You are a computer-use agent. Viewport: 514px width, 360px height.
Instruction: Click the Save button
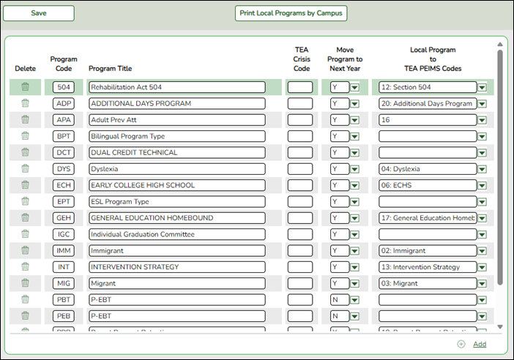tap(39, 13)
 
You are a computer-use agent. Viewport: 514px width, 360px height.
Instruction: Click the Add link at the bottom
tap(479, 344)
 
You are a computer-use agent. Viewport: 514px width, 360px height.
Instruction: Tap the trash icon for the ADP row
tap(25, 103)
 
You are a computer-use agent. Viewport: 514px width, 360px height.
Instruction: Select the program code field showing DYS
tap(64, 169)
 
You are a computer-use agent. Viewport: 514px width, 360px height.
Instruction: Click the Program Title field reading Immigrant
tap(176, 250)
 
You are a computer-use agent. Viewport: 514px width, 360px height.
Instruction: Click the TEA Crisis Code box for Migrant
tap(299, 283)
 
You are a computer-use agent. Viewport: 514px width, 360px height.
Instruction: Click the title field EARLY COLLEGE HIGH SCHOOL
tap(176, 185)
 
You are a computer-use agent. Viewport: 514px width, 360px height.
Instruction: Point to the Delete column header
tap(25, 69)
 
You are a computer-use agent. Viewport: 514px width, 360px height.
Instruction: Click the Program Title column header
tap(111, 69)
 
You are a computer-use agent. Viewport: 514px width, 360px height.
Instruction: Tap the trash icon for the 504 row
tap(25, 87)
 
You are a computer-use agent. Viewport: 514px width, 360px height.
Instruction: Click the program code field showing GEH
tap(64, 218)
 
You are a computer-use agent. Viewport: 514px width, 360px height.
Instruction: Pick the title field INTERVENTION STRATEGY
tap(176, 267)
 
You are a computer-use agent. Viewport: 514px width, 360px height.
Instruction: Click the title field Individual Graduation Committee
tap(176, 234)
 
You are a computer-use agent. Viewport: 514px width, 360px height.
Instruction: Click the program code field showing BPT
tap(64, 136)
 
